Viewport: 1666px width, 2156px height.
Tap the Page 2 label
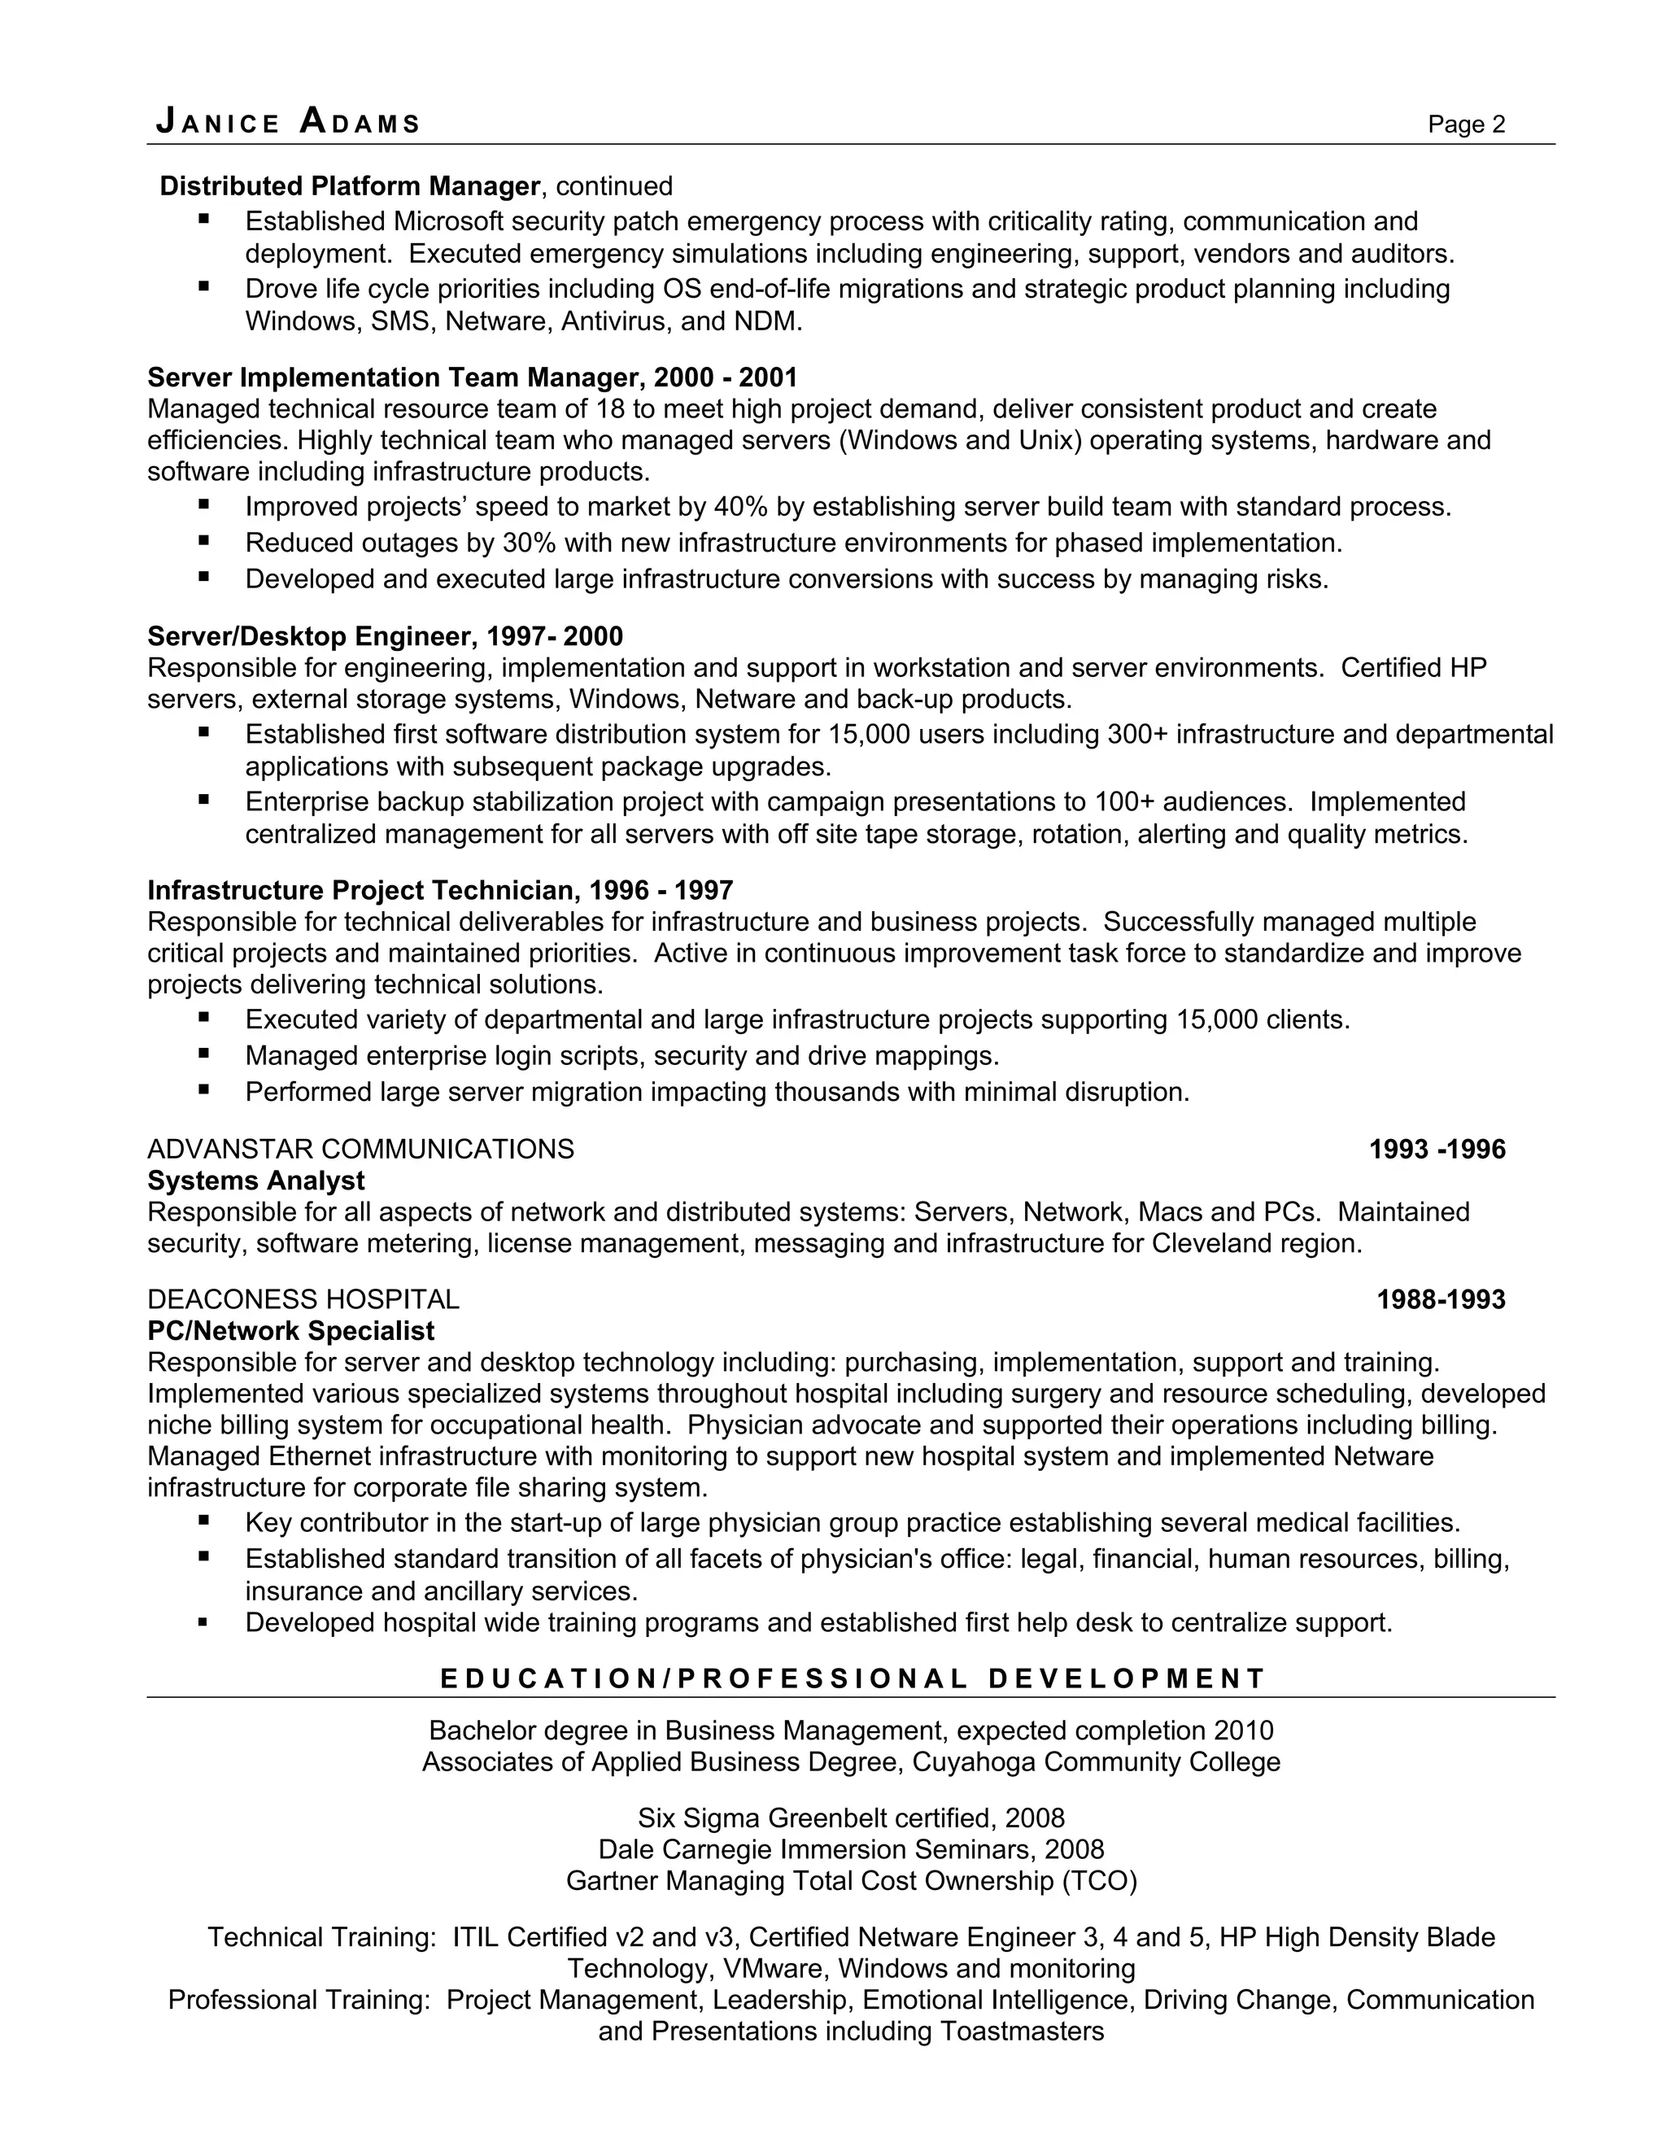click(x=1466, y=124)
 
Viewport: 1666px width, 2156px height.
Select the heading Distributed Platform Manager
click(x=349, y=185)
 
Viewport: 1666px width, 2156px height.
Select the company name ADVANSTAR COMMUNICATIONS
click(x=360, y=1149)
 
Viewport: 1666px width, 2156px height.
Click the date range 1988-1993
click(x=1440, y=1299)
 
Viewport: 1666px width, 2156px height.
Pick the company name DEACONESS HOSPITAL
click(x=303, y=1299)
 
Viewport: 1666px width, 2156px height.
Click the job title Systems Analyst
click(x=255, y=1181)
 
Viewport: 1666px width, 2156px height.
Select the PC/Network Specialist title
click(x=290, y=1331)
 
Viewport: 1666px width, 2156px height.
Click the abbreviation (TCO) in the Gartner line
click(x=1100, y=1880)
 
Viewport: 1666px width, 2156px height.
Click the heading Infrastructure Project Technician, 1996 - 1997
click(x=439, y=890)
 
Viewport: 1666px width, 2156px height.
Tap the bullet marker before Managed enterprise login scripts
click(x=203, y=1054)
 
